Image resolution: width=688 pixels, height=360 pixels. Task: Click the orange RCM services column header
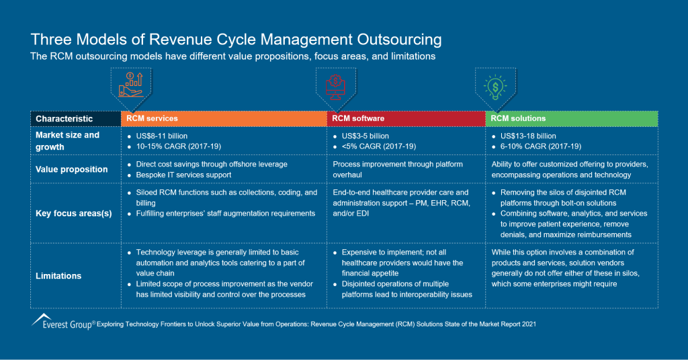click(223, 119)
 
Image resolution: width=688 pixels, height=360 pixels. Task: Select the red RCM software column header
click(406, 119)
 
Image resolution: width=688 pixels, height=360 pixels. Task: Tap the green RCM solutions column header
click(571, 119)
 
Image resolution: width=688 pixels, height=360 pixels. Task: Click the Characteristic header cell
click(64, 119)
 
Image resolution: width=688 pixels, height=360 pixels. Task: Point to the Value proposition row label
click(72, 169)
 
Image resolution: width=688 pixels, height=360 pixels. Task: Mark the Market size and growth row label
click(67, 141)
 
